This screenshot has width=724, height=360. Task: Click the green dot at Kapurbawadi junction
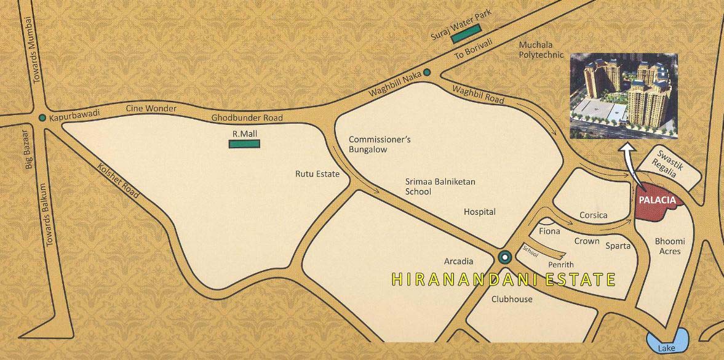(x=42, y=118)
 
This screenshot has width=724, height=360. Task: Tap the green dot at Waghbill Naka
(x=427, y=73)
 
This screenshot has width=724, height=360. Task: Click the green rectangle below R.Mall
(x=244, y=144)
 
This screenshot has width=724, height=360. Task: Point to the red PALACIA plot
(x=655, y=204)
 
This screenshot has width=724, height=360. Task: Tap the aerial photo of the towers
(x=624, y=95)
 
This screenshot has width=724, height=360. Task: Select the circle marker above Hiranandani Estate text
(x=504, y=257)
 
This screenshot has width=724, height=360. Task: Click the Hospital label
(x=479, y=212)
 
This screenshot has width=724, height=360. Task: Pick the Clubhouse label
(x=512, y=300)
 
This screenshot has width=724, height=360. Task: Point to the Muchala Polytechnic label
(x=541, y=50)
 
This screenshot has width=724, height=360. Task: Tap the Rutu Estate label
(x=317, y=174)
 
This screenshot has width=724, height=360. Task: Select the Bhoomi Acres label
(x=670, y=246)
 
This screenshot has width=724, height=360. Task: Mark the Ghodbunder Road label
(x=247, y=118)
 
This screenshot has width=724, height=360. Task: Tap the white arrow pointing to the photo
(x=630, y=163)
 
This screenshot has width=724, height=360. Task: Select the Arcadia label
(x=459, y=262)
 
